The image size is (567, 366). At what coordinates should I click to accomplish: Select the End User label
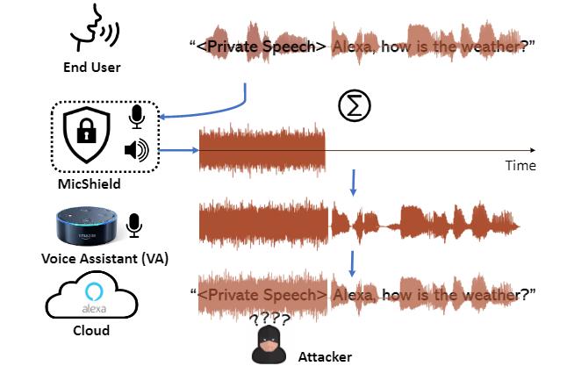pos(92,67)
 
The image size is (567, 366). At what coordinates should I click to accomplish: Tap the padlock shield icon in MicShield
pos(85,134)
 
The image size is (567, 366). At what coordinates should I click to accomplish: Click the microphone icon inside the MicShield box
pos(137,117)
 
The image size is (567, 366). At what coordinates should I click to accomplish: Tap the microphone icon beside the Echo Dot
pos(133,225)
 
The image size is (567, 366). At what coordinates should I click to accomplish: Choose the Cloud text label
pos(90,331)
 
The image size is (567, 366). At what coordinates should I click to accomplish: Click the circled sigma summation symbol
pos(355,105)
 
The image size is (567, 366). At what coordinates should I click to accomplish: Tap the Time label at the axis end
pos(520,165)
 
